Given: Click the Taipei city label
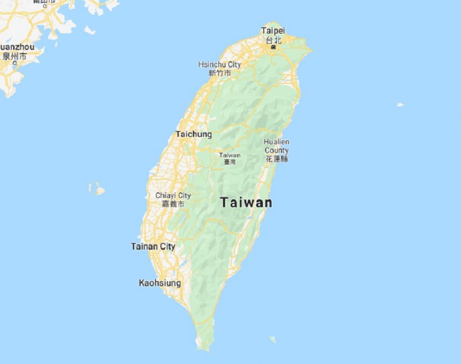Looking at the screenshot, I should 273,30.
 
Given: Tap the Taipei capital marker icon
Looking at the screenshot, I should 273,47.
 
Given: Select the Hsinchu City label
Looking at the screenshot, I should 220,65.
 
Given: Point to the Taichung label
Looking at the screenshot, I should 194,134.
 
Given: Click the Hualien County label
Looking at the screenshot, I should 276,146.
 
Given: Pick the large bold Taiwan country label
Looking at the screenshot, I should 246,202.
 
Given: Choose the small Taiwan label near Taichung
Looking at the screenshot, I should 230,155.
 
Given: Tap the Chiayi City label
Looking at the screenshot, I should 173,195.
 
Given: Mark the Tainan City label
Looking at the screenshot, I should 153,247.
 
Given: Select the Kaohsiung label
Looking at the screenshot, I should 160,283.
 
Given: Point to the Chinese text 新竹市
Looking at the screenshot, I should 220,73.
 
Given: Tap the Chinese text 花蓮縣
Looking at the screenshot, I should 277,159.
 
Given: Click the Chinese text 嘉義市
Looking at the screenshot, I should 173,204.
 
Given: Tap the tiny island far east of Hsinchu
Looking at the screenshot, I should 400,105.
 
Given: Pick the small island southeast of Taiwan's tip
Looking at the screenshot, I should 272,339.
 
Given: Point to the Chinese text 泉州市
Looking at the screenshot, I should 15,56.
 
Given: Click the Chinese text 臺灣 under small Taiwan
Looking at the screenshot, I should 230,162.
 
